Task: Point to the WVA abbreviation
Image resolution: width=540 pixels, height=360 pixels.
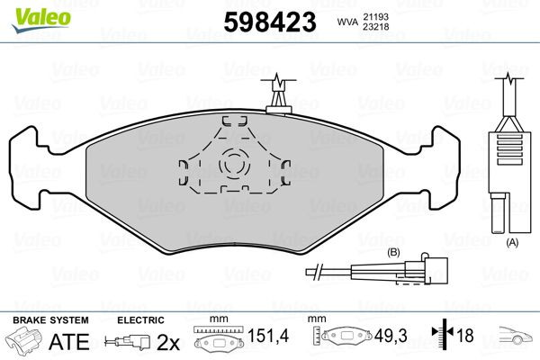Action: pos(345,20)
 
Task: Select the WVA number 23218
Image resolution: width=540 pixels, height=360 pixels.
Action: pos(377,27)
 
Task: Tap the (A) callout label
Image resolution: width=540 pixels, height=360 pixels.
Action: pos(512,242)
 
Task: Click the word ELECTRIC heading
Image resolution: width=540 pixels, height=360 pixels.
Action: pos(141,319)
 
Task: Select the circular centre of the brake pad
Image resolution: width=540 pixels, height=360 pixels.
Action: pos(235,165)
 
